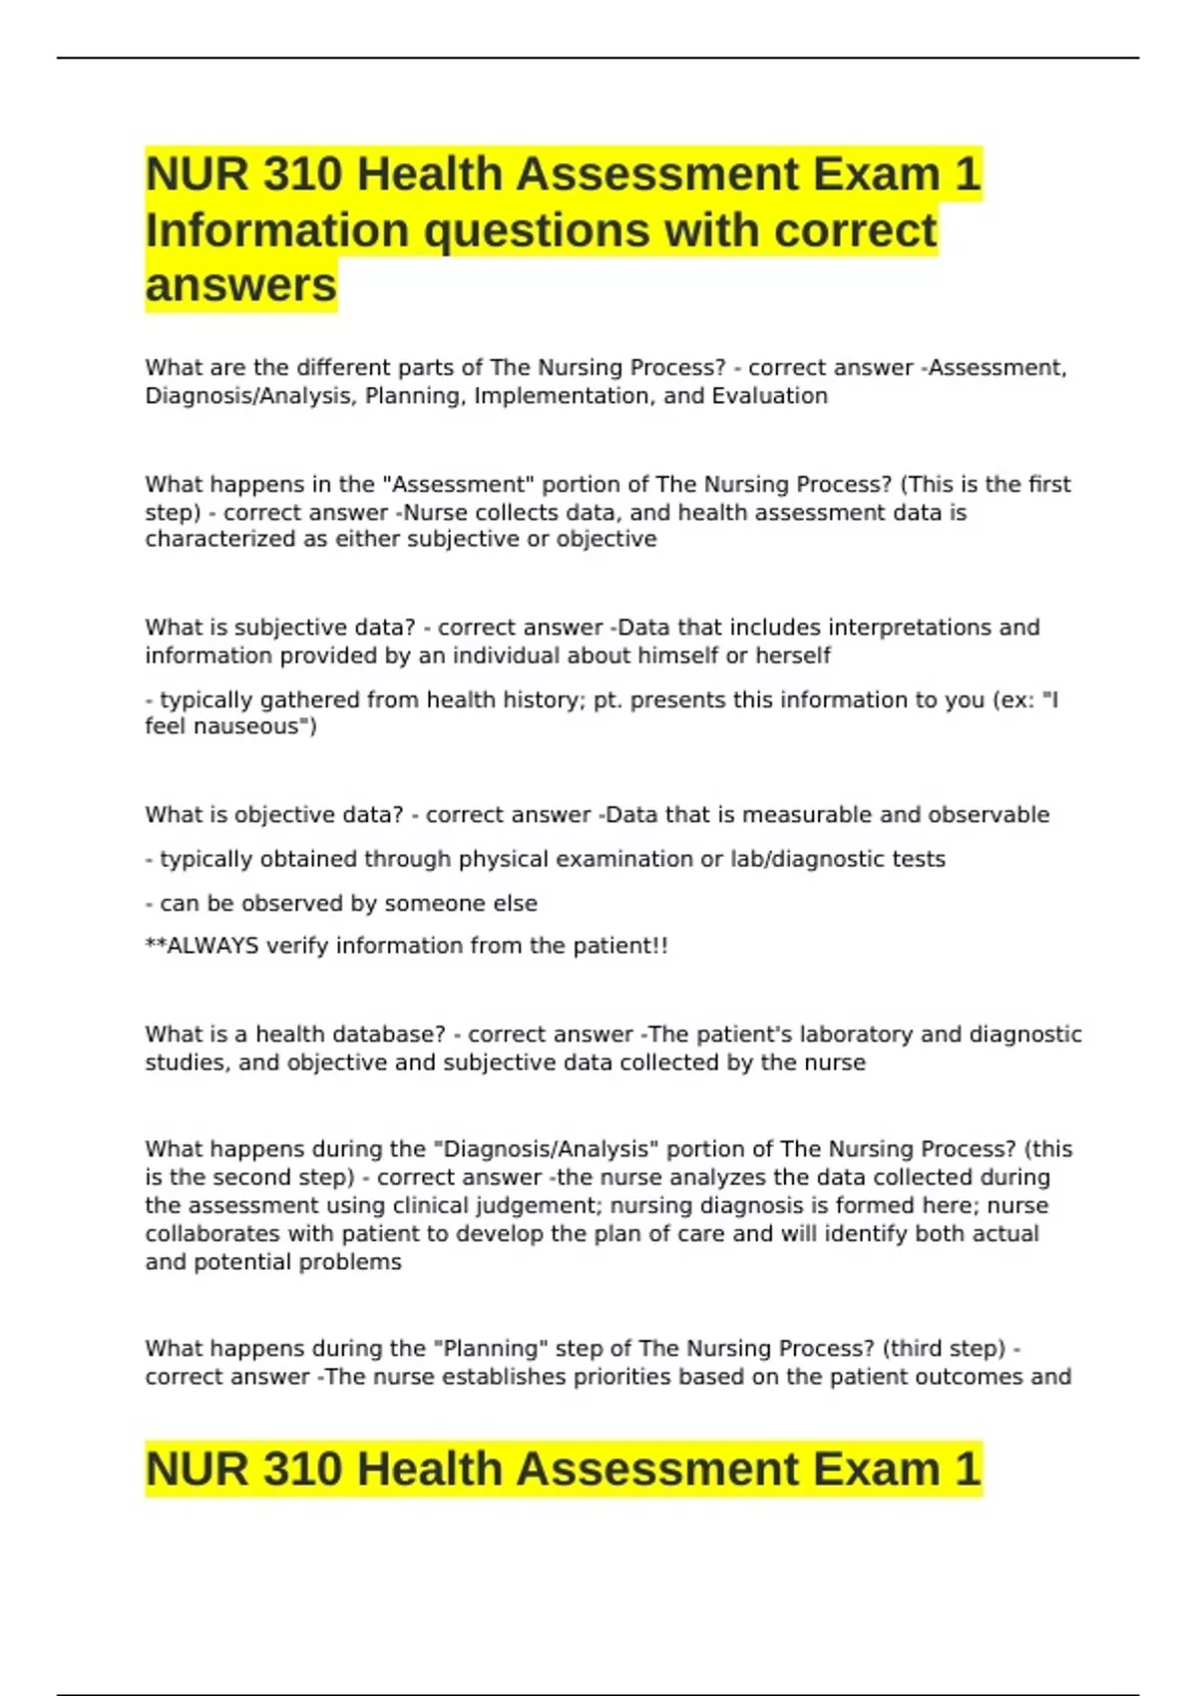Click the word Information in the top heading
(x=276, y=230)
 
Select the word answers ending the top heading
(x=240, y=285)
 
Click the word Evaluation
(x=769, y=396)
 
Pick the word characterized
(x=210, y=540)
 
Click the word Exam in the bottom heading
(x=876, y=1469)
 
